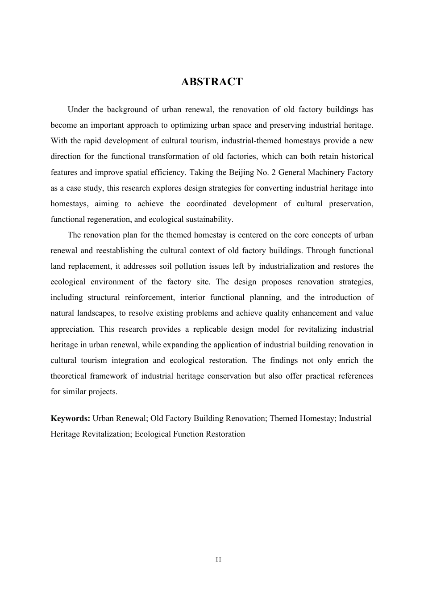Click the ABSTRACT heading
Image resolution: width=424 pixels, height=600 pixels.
click(x=212, y=82)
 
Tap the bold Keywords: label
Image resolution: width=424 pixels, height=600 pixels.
click(x=71, y=418)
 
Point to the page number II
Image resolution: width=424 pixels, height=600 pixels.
click(x=218, y=559)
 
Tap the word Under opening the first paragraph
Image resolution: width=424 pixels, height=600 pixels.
click(x=78, y=110)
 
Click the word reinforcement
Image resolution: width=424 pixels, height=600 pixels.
click(x=149, y=298)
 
